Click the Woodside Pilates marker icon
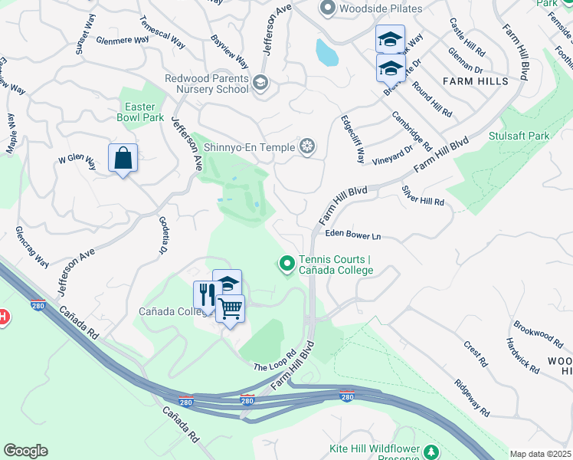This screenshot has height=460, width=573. tap(328, 8)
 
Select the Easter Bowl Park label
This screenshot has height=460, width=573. tap(140, 113)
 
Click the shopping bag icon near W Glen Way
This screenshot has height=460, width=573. tap(123, 158)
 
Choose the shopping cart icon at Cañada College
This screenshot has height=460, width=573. tap(230, 308)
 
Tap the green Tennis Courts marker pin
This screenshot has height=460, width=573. tap(287, 264)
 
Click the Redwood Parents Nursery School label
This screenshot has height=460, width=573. tap(208, 84)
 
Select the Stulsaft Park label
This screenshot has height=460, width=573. tap(519, 136)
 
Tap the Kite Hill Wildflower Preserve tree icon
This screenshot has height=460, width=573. tap(432, 450)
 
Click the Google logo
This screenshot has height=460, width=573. tap(25, 451)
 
